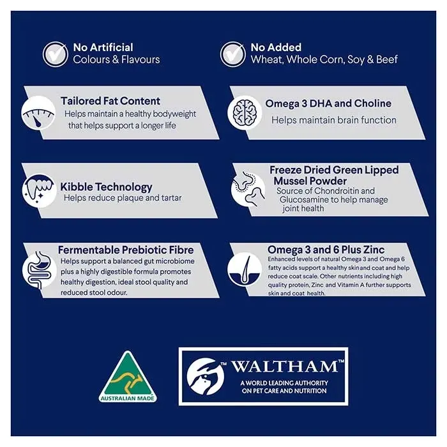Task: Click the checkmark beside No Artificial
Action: [56, 54]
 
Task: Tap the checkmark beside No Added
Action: [233, 54]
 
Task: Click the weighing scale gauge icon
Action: [38, 113]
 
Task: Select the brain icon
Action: [245, 113]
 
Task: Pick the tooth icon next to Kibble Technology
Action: [40, 190]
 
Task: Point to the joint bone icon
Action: [248, 189]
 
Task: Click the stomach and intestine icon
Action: [40, 269]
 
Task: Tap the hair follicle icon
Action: [245, 269]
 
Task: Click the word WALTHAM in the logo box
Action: [285, 367]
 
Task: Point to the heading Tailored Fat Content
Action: [110, 101]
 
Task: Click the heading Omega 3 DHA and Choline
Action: [328, 103]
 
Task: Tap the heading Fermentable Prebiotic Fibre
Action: [126, 250]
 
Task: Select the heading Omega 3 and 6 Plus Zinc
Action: [326, 250]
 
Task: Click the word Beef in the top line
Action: [387, 59]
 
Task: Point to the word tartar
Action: [171, 197]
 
